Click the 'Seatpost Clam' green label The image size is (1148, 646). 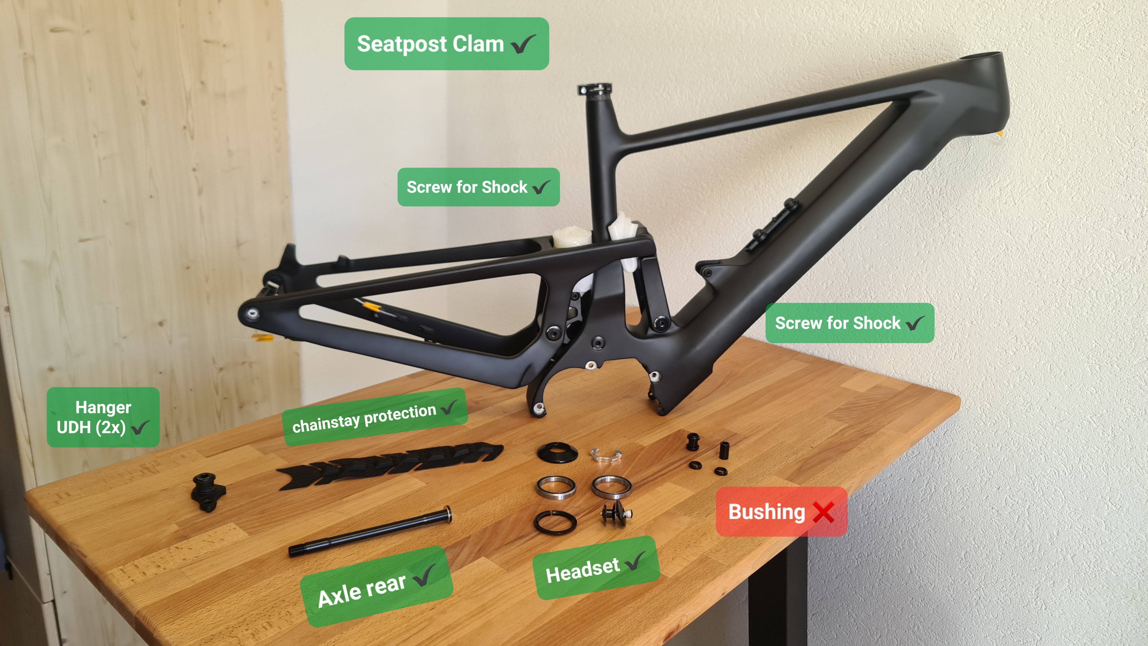coord(447,44)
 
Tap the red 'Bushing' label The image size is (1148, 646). coord(781,511)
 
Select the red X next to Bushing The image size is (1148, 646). coord(823,512)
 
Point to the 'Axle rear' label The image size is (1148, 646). coord(377,587)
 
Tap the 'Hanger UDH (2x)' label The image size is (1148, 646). coord(103,417)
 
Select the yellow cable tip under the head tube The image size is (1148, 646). coord(1000,133)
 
